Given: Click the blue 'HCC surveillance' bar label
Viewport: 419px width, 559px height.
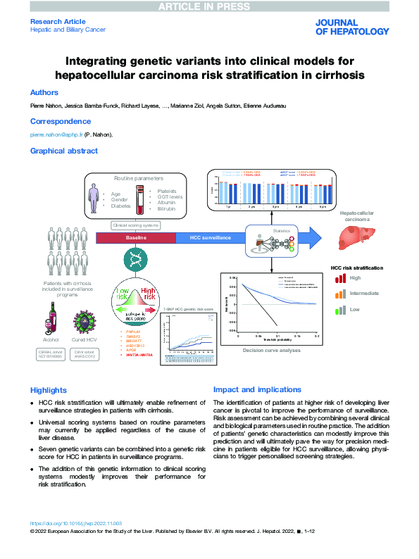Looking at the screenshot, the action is (211, 239).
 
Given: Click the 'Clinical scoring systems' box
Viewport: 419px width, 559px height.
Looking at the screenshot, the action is (136, 225).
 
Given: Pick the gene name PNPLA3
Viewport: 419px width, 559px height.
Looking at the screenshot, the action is (132, 330).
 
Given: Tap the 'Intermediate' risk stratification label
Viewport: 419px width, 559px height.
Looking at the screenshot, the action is (365, 293).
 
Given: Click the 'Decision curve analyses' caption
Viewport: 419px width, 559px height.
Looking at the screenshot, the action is (272, 350).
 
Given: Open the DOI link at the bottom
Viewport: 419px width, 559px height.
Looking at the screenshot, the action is (76, 523).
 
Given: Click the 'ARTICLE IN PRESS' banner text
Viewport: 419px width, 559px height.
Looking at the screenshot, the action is (209, 6).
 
